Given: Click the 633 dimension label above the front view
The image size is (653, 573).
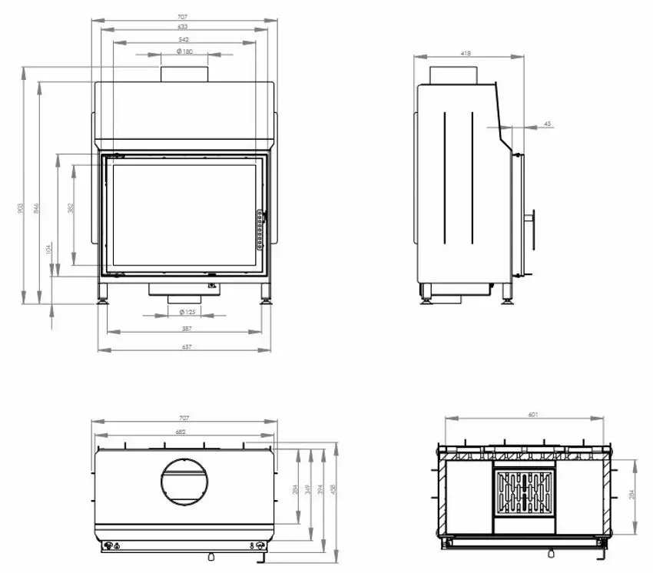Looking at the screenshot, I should [183, 27].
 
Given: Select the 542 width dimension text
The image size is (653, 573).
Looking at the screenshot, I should [183, 39].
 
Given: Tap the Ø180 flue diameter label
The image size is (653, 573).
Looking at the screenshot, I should [184, 51].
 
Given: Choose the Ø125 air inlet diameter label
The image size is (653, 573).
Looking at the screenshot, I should [186, 312].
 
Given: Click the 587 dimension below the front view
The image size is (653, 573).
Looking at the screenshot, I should [186, 329].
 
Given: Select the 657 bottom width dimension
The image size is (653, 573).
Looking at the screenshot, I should [186, 347].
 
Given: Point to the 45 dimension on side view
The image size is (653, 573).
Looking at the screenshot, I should [546, 123].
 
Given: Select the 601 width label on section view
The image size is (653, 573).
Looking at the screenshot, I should [533, 415].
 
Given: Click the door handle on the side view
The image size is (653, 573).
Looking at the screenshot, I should [530, 219].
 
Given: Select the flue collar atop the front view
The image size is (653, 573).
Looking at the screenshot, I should [184, 74].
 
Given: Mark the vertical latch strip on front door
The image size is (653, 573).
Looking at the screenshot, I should [260, 230].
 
